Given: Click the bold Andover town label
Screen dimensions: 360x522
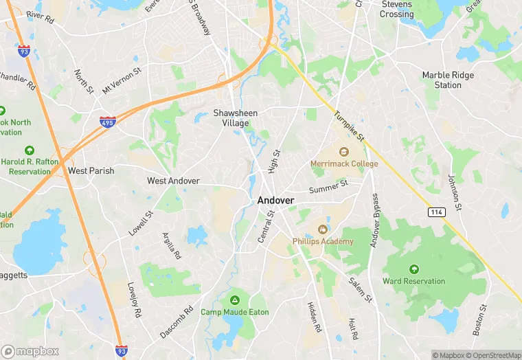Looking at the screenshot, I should [x=275, y=201].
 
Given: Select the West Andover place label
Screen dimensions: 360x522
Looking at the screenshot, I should [x=173, y=181].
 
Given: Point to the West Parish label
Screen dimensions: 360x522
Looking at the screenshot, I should [x=91, y=170].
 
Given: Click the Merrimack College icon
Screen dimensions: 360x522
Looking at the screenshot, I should [x=344, y=152].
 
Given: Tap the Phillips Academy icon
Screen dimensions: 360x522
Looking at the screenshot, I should [x=322, y=229].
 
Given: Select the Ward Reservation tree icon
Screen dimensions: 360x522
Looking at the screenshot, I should [x=413, y=269].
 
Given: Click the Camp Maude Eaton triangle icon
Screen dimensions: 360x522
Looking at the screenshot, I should [x=235, y=300].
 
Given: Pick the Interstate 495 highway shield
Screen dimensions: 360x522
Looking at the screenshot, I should [x=107, y=122].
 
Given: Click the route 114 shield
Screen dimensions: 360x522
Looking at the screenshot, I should [x=436, y=212].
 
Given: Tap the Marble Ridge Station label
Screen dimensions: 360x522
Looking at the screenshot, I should [x=442, y=80].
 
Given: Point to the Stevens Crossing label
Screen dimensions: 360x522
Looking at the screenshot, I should [x=397, y=9].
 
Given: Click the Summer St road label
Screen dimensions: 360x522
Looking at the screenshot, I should [x=328, y=186].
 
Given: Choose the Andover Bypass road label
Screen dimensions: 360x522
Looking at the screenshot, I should [x=375, y=219].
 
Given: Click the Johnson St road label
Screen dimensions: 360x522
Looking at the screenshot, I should [x=453, y=188].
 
